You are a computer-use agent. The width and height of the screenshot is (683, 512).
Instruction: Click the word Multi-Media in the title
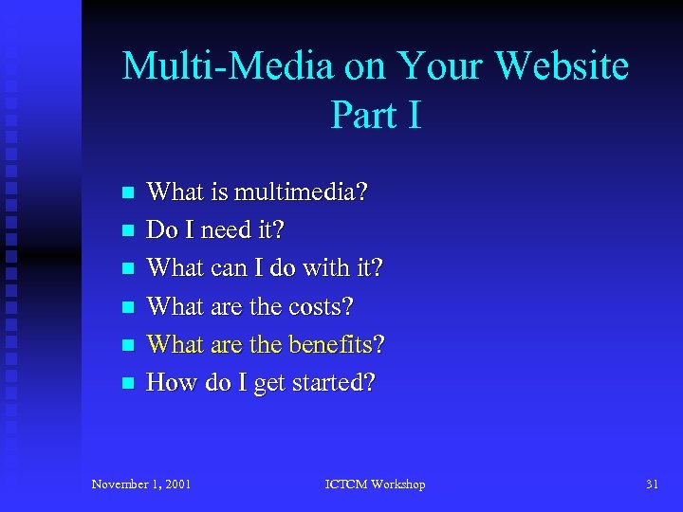point(227,66)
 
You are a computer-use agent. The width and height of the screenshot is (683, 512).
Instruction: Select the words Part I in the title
point(376,115)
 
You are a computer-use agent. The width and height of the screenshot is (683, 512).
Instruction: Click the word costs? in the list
point(321,307)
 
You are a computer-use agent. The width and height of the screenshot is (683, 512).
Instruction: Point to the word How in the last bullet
point(167,383)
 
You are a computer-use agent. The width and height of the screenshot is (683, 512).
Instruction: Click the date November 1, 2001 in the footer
point(141,485)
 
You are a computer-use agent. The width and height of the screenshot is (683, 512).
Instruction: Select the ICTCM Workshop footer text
point(375,485)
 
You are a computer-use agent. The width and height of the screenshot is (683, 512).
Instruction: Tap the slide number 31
point(652,485)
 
